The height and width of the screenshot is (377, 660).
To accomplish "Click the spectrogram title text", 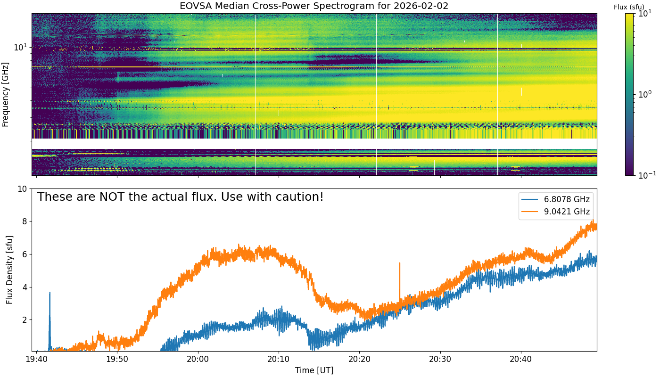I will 314,6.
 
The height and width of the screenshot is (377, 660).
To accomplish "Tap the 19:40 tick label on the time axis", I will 36,360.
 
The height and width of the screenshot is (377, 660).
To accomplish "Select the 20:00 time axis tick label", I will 198,360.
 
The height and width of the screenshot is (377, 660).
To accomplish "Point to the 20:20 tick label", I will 359,360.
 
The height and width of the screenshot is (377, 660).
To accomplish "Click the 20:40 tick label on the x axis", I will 521,360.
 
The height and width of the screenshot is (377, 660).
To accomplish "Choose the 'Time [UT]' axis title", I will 314,370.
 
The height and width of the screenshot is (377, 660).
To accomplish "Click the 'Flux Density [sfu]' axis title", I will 9,270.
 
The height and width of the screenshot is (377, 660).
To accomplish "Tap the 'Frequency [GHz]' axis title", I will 6,94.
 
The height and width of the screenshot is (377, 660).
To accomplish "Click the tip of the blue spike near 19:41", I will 49,293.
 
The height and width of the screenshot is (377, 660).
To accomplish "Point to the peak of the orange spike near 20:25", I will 400,263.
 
